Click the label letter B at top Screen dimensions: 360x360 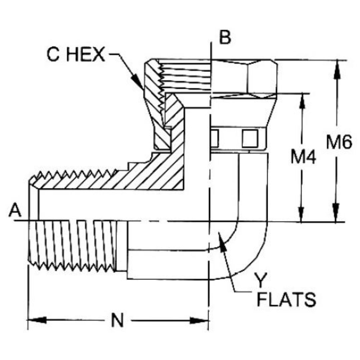tap(225, 38)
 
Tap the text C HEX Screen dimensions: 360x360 tap(76, 55)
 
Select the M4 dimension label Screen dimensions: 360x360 tap(303, 158)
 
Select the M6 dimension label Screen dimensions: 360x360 tap(339, 143)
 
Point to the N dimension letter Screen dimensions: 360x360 tap(117, 321)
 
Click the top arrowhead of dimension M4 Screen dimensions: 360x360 tap(302, 102)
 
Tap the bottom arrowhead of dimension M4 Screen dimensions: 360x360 tap(302, 213)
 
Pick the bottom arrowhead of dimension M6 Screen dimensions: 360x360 tap(337, 213)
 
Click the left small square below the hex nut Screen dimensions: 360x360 tap(214, 138)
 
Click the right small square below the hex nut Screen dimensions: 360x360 tap(250, 138)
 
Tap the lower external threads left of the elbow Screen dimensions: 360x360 tap(72, 245)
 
